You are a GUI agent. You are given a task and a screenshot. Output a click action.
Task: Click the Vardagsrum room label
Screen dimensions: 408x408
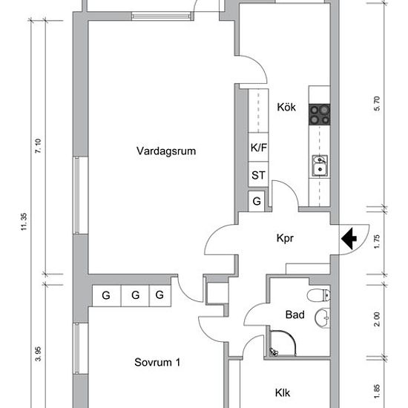[166, 151]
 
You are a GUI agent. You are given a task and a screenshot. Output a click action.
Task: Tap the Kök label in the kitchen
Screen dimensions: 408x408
[286, 107]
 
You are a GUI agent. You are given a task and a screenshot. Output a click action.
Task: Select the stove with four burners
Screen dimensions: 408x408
[320, 114]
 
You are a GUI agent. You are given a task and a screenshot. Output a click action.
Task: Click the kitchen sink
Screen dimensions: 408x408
[320, 165]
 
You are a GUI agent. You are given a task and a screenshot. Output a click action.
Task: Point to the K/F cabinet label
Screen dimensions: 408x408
[259, 148]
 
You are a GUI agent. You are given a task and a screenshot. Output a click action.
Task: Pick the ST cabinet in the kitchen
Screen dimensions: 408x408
[258, 175]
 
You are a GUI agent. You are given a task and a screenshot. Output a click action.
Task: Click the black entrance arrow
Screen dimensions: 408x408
[349, 238]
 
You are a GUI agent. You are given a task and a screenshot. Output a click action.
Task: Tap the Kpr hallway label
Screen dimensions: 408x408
[285, 238]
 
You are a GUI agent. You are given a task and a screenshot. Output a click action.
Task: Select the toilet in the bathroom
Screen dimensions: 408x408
[319, 295]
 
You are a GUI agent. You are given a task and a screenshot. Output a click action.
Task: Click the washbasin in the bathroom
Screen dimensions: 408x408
[323, 317]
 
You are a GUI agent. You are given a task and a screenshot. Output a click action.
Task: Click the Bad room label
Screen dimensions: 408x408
[295, 315]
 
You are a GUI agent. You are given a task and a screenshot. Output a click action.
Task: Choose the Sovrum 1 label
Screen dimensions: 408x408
[157, 362]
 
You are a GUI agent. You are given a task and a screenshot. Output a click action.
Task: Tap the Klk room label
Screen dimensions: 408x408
[283, 392]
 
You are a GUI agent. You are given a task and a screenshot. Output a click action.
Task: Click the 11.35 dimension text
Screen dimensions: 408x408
[24, 222]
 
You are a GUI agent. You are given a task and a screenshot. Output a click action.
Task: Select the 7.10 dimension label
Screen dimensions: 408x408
[38, 146]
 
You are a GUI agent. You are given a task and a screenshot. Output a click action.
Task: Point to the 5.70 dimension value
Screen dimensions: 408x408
[377, 104]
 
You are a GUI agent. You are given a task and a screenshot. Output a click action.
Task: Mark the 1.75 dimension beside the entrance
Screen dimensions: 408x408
[377, 242]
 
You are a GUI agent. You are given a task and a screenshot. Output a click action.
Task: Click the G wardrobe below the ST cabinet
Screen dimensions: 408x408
[257, 201]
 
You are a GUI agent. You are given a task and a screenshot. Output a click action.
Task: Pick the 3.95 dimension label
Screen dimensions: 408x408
[38, 354]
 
